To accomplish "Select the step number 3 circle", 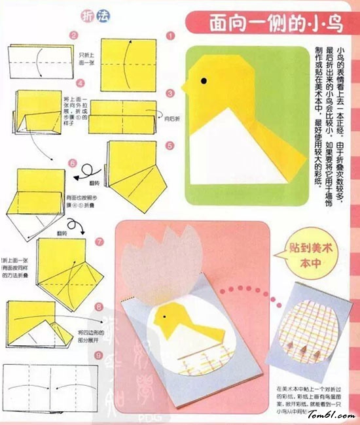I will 170,94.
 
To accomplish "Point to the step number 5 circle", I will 170,145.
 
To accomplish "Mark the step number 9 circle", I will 98,356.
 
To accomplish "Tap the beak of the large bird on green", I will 187,85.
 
